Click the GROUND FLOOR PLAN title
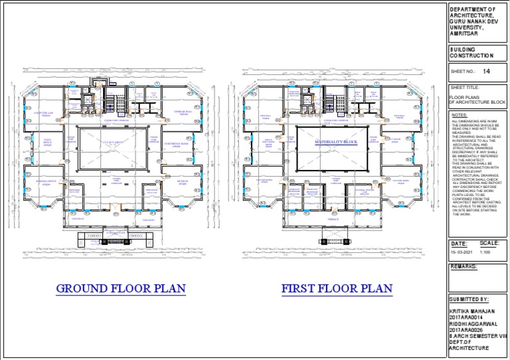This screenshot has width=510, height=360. pos(121,289)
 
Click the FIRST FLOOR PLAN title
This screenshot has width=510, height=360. pos(337,289)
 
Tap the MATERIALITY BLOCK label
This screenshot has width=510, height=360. pos(336,143)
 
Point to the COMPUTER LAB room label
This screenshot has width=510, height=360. pos(46,114)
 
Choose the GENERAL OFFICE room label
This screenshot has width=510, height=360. pos(46,181)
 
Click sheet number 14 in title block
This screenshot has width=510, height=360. pos(487,71)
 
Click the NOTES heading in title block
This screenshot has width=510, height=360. pos(459,115)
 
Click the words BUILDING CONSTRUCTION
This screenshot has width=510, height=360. pos(471,52)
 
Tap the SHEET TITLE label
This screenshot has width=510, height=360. pos(464,87)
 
